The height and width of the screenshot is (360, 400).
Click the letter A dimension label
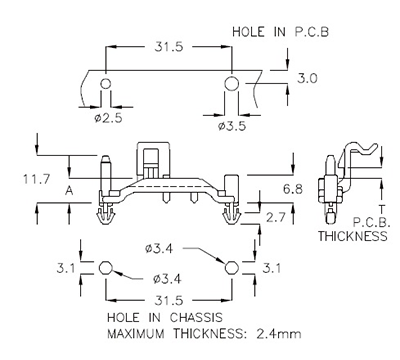click(x=66, y=188)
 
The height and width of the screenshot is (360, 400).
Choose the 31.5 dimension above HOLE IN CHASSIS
click(x=167, y=298)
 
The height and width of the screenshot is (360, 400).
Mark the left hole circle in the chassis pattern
click(x=106, y=268)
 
